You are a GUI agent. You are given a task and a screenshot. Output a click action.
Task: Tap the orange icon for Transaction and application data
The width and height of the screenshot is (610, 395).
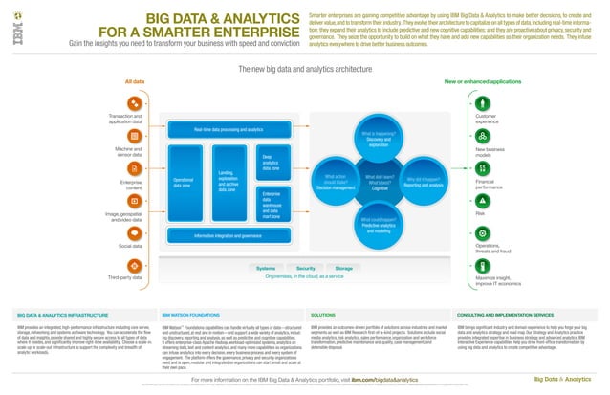(135, 100)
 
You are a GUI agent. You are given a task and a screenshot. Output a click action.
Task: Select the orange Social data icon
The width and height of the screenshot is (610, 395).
(135, 231)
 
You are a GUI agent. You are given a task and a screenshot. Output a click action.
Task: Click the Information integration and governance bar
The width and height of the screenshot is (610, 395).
(228, 234)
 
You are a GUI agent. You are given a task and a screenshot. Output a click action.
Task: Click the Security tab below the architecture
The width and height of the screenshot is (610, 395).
(306, 268)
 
